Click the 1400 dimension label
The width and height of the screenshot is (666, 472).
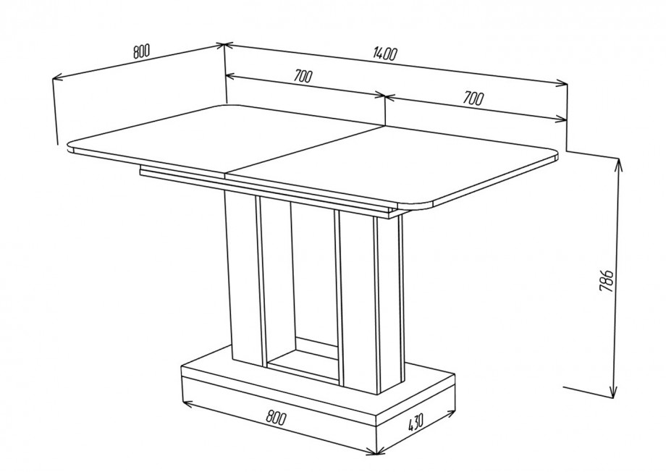(x=385, y=54)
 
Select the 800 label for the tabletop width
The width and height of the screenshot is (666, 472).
(x=142, y=51)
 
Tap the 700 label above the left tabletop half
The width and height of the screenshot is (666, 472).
(x=303, y=76)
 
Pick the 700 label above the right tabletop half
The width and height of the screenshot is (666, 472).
(x=473, y=98)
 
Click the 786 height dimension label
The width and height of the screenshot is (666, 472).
(x=606, y=280)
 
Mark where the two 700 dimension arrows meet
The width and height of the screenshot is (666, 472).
(x=385, y=97)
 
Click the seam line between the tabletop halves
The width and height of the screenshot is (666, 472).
(x=305, y=151)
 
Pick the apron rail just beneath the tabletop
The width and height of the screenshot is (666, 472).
(x=268, y=191)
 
